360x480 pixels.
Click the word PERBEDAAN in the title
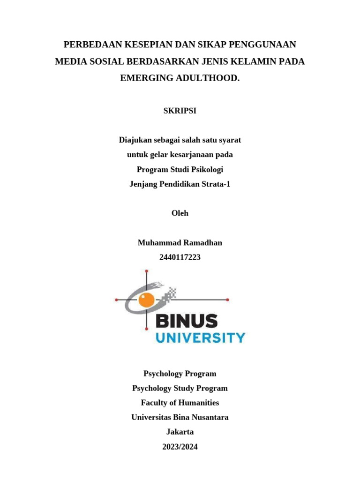click(92, 45)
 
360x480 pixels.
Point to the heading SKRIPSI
click(180, 111)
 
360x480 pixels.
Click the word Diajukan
click(135, 140)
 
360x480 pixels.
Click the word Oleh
click(180, 213)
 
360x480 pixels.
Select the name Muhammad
click(157, 243)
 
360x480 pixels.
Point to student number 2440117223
click(180, 257)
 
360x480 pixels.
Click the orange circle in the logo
click(148, 299)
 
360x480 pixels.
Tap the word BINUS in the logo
click(186, 321)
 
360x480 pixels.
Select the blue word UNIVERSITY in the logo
click(200, 337)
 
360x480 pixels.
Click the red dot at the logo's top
click(147, 271)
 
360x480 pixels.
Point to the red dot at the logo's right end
click(228, 299)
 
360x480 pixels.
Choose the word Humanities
click(199, 403)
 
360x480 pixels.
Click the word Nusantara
click(208, 417)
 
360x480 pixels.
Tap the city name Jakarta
click(180, 432)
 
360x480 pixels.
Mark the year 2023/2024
click(180, 447)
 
